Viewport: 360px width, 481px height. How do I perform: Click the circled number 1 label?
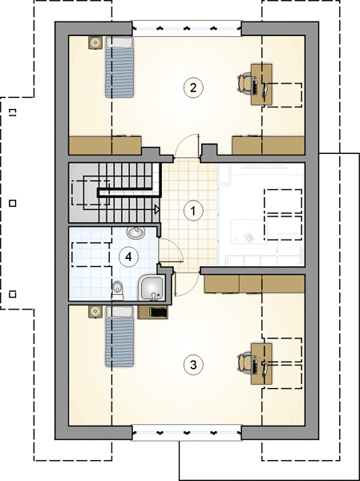tap(193, 211)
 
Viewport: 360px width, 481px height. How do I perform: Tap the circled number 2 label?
tap(193, 87)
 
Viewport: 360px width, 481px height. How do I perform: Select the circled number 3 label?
tap(193, 365)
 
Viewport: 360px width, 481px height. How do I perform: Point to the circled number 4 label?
tap(128, 257)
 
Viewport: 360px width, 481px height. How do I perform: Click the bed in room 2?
tap(119, 67)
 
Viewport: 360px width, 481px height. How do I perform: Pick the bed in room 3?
tap(119, 336)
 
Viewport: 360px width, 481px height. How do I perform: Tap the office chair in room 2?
tap(245, 82)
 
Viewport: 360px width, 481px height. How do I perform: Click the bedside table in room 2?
tap(95, 42)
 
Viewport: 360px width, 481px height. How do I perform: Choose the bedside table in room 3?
tap(95, 312)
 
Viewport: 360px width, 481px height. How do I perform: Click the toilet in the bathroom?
tap(118, 290)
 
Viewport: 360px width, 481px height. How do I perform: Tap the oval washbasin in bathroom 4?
tap(136, 232)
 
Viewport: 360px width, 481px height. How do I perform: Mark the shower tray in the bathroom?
tap(152, 288)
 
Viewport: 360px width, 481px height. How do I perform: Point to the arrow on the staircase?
tap(157, 210)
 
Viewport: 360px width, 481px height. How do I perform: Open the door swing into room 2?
tap(187, 146)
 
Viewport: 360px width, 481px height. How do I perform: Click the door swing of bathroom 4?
tap(171, 250)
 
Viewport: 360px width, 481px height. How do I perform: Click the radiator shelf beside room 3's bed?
tap(153, 313)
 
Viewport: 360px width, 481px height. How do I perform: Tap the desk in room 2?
tap(261, 84)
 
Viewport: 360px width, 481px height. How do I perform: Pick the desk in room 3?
tap(261, 364)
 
